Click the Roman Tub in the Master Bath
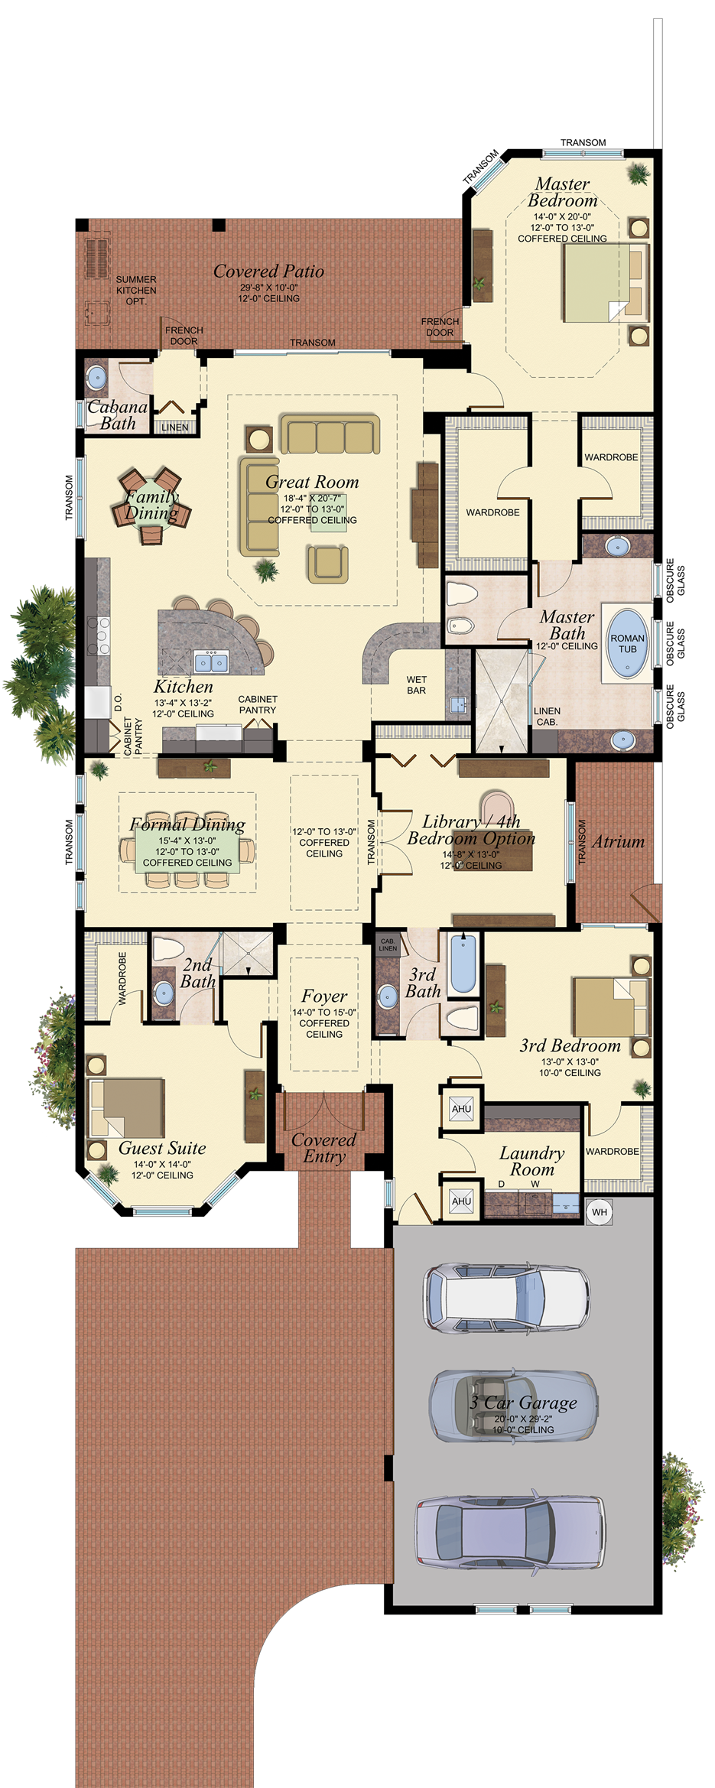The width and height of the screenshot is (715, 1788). coord(627,643)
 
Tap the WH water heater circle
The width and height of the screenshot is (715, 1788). coord(600,1211)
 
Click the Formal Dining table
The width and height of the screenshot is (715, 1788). coord(187,850)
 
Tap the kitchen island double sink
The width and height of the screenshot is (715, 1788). coord(210,662)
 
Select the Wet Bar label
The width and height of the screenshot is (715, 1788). coord(416,684)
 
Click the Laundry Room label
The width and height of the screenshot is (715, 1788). coord(531,1161)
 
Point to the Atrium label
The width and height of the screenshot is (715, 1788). coord(618,841)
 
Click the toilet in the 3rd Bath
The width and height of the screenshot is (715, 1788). coord(462,1018)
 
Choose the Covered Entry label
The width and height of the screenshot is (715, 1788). coord(324,1147)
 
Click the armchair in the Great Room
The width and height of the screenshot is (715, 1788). coord(328,563)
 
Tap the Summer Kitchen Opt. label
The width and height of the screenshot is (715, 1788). coord(136,291)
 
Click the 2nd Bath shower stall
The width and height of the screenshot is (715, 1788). coord(246,953)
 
